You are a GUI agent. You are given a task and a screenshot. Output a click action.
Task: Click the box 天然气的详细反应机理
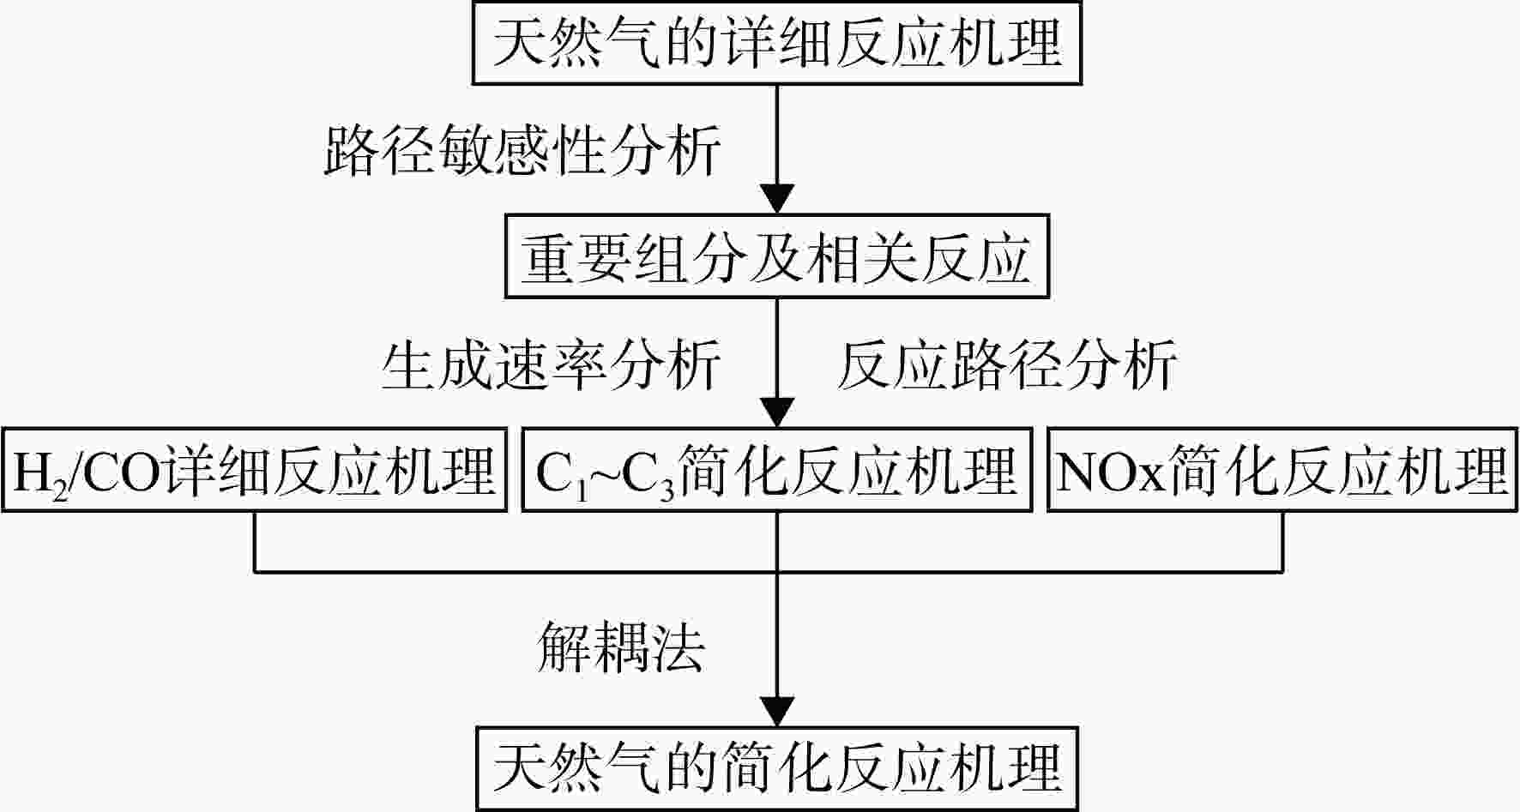[x=777, y=42]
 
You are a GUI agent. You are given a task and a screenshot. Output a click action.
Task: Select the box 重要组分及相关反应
[x=777, y=256]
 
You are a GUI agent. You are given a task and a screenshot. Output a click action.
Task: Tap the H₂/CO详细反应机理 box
[x=254, y=470]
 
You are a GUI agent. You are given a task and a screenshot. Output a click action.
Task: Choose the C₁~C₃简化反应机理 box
[x=776, y=470]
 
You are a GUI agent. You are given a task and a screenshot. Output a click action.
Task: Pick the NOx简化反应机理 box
[x=1283, y=470]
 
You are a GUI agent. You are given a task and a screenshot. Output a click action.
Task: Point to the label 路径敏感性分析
[x=522, y=150]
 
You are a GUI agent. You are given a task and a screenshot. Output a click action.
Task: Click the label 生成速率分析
[x=551, y=365]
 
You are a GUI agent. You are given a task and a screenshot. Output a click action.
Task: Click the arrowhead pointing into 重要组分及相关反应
[x=777, y=199]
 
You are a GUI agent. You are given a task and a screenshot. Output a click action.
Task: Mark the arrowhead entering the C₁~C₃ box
[x=777, y=412]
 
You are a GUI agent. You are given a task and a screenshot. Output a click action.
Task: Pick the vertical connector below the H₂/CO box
[x=255, y=542]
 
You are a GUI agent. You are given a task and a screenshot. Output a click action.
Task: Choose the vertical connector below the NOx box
[x=1283, y=542]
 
